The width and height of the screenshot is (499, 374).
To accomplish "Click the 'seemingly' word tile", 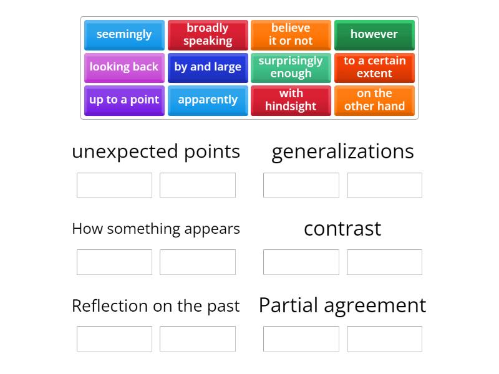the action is [124, 34].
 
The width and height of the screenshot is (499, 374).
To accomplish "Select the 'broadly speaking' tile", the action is [208, 34].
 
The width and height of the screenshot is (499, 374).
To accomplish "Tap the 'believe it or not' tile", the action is [291, 34].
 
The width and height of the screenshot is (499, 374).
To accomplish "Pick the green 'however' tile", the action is [374, 34].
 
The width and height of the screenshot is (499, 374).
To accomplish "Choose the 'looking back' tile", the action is [124, 67].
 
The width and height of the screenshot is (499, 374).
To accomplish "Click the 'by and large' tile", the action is [208, 67].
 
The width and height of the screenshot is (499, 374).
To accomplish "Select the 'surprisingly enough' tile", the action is [291, 67].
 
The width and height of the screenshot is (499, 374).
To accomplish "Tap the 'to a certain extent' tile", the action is [374, 67].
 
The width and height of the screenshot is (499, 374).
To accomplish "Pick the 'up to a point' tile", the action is [124, 100].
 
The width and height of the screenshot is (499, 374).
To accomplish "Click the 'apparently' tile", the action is [208, 100].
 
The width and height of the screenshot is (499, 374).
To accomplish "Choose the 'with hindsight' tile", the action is [291, 100].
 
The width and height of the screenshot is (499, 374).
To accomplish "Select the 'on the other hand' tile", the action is [374, 100].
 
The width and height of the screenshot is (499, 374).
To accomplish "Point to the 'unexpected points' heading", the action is [156, 151].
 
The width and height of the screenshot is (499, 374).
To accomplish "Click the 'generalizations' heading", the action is [342, 151].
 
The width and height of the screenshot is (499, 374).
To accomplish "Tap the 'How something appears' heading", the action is [156, 229].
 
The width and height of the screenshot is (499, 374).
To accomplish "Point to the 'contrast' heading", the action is [342, 229].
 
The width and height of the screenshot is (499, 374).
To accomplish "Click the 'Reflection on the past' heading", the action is [156, 306].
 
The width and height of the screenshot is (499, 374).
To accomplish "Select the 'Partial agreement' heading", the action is [342, 305].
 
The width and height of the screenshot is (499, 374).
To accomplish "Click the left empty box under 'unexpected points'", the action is [114, 185].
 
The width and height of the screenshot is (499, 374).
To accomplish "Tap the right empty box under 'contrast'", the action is [384, 262].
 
